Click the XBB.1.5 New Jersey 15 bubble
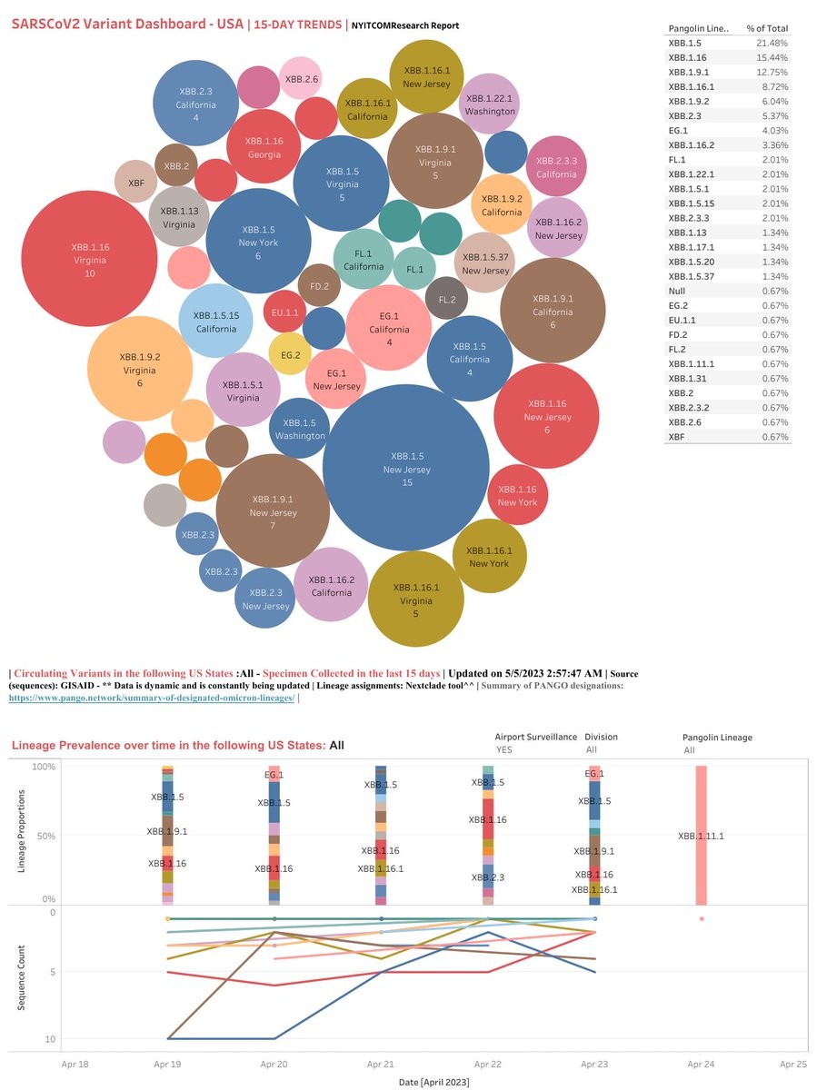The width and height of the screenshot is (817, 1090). pyautogui.click(x=406, y=469)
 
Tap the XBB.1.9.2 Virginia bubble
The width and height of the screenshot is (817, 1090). pyautogui.click(x=140, y=369)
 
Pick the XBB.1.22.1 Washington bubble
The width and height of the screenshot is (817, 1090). pyautogui.click(x=490, y=104)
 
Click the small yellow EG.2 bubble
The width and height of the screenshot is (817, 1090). pyautogui.click(x=291, y=354)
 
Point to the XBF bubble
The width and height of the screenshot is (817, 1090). pyautogui.click(x=136, y=183)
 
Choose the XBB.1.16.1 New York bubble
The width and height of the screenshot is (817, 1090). pyautogui.click(x=489, y=556)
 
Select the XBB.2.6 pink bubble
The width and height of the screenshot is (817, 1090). pyautogui.click(x=301, y=79)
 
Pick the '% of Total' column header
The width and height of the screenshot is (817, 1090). pyautogui.click(x=768, y=28)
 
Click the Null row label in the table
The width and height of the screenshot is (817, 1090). pyautogui.click(x=677, y=291)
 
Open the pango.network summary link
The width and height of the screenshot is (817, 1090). pyautogui.click(x=152, y=698)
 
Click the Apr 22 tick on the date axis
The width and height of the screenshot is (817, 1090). pyautogui.click(x=487, y=1062)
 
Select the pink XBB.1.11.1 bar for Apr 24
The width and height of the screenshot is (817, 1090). pyautogui.click(x=701, y=836)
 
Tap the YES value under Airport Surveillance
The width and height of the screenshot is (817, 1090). pyautogui.click(x=503, y=750)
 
